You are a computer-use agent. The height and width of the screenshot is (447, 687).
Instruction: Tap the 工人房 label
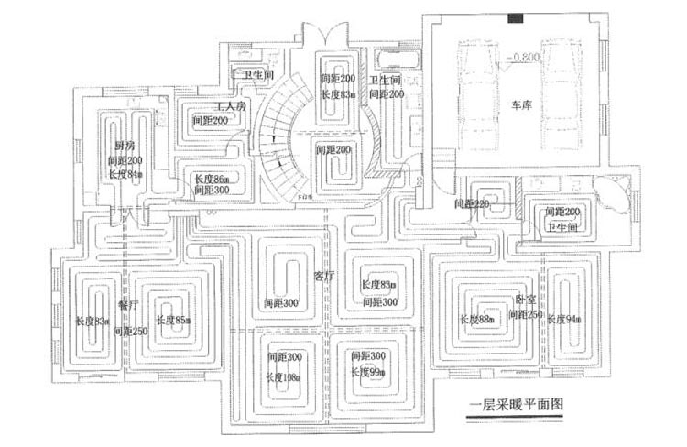[x=230, y=106]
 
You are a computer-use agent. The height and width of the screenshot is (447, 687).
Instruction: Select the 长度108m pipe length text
[x=287, y=376]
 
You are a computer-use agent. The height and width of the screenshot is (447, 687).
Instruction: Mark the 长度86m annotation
[x=211, y=180]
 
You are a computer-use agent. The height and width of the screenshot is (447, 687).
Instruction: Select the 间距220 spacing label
[x=470, y=203]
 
